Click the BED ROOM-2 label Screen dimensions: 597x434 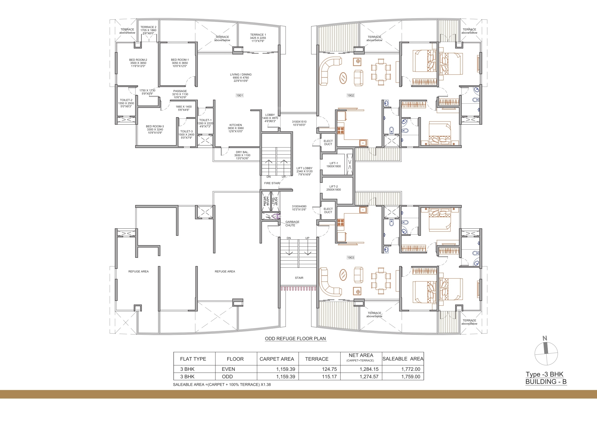(138, 60)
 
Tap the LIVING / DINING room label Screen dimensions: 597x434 (240, 75)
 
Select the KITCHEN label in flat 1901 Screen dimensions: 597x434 (236, 125)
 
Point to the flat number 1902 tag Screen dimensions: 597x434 (350, 95)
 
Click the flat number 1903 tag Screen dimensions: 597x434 (350, 258)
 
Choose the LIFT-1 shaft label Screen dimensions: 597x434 (334, 163)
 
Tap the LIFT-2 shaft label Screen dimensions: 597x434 (334, 187)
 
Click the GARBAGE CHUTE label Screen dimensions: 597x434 (292, 224)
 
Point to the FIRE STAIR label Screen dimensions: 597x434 (272, 183)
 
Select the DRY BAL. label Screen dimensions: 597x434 (242, 152)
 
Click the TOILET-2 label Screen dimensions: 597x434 (126, 100)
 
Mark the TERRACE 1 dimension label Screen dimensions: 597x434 (258, 38)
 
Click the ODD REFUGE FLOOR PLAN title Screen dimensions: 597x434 (295, 339)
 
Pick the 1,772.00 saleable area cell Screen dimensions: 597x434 (411, 369)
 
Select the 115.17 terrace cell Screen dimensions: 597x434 (329, 377)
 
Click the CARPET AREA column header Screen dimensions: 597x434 (277, 359)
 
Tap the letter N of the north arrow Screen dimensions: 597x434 (545, 339)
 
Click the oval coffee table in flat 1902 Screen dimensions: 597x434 (343, 78)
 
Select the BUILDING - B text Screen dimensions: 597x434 (546, 382)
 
